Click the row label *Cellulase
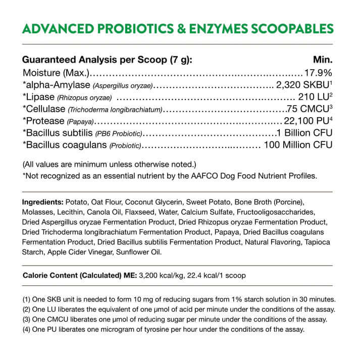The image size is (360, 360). pos(43,109)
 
